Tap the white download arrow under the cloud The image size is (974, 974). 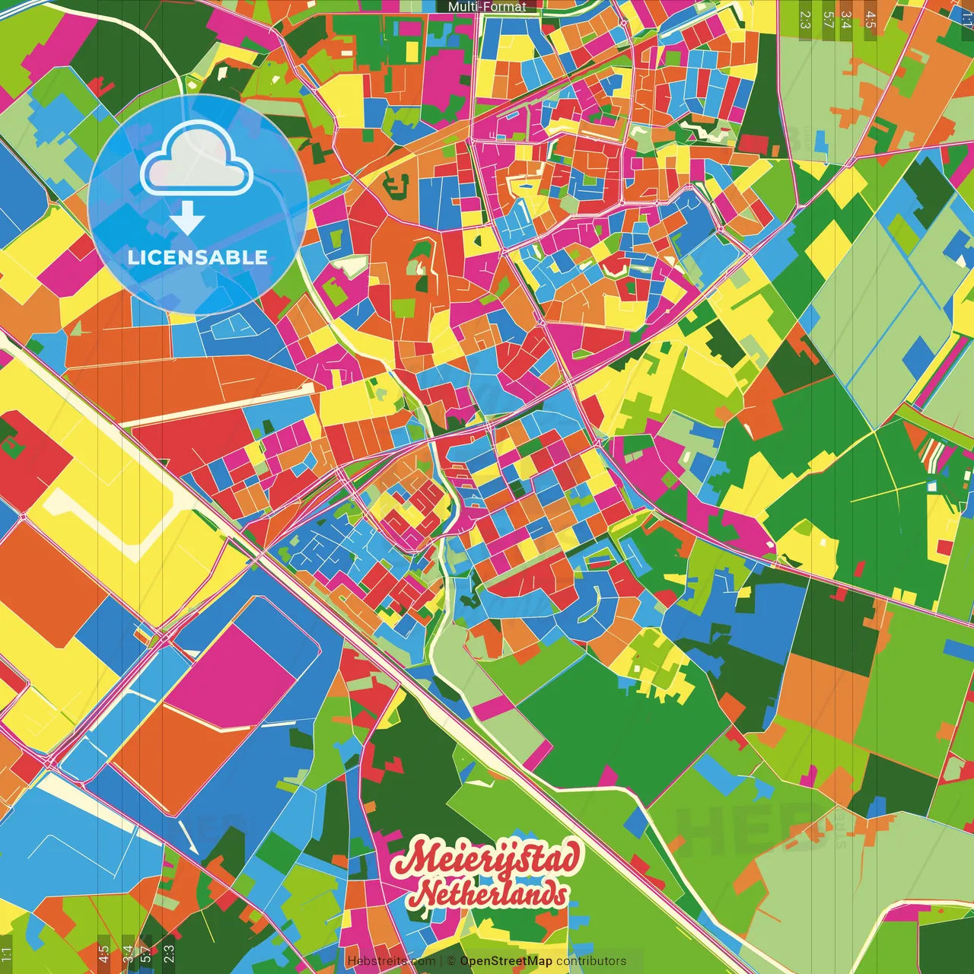coord(187,218)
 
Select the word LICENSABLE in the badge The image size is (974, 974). coord(198,257)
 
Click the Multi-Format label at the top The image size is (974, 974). coord(487,7)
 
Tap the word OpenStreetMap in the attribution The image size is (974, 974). coord(506,961)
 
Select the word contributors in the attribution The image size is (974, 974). coord(591,961)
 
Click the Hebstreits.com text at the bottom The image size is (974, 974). coord(391,961)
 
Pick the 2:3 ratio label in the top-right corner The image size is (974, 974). coord(805,20)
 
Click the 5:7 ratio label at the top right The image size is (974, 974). coord(828,20)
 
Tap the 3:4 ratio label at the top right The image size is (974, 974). coord(846,20)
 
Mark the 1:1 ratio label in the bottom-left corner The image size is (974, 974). coord(6,954)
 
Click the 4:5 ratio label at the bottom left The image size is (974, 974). coord(103,954)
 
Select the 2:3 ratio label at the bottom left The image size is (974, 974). coord(168,954)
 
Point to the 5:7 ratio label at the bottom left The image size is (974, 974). coord(145,954)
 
